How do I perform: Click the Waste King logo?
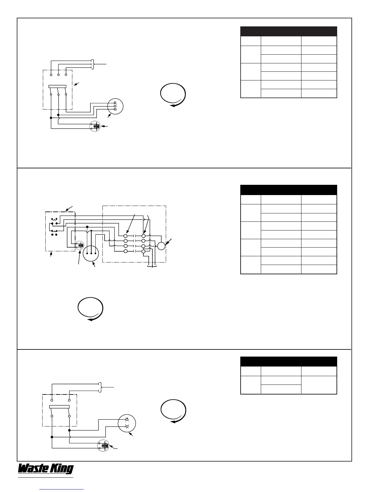tap(46, 469)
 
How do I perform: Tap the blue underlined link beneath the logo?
tap(62, 489)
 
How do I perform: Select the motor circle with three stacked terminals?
tap(115, 106)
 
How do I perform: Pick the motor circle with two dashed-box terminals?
tap(127, 423)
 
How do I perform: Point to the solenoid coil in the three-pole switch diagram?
tap(95, 126)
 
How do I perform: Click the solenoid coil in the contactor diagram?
tap(80, 246)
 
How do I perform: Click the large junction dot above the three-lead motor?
tap(87, 227)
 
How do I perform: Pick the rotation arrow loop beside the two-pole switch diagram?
tap(173, 412)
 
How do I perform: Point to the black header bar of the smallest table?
tap(289, 361)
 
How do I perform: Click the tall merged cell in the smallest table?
tap(319, 385)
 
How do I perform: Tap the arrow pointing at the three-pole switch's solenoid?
tap(106, 126)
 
